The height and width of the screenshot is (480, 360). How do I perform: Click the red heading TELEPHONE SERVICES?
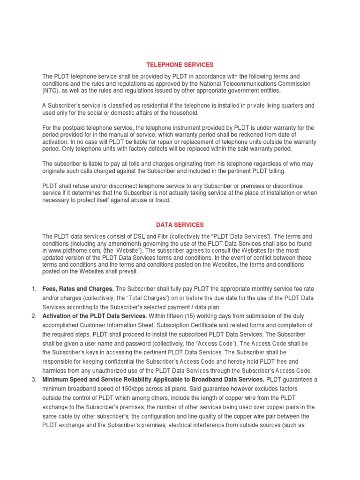pyautogui.click(x=180, y=64)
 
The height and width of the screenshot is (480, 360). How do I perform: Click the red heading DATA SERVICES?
pyautogui.click(x=180, y=225)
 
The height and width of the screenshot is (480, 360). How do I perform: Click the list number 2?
pyautogui.click(x=34, y=316)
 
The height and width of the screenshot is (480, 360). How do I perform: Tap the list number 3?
pyautogui.click(x=34, y=379)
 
